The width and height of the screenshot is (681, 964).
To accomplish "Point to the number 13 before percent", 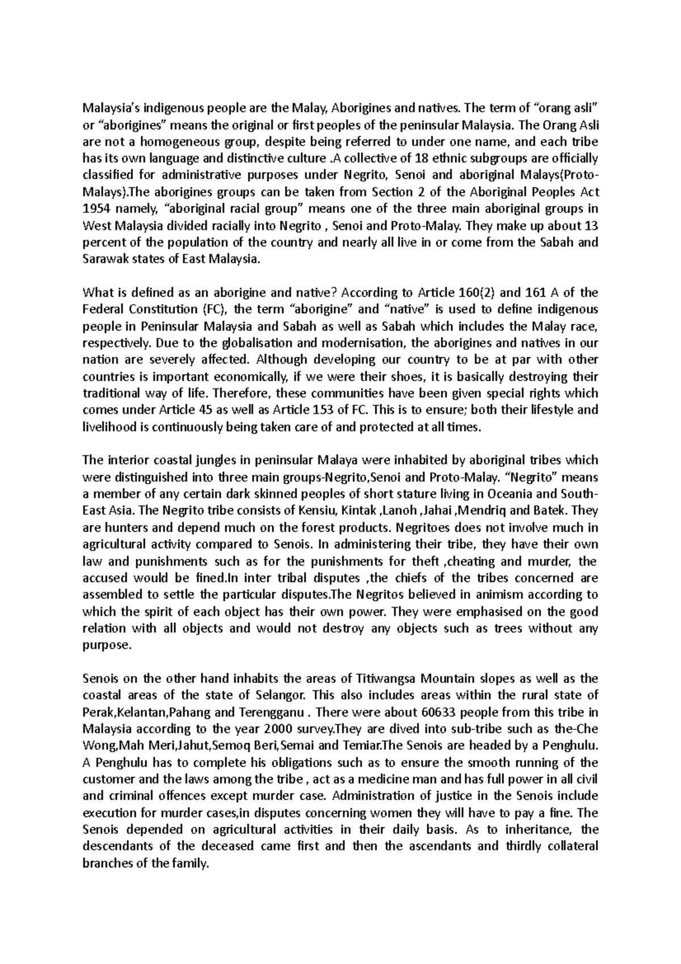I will [591, 226].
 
